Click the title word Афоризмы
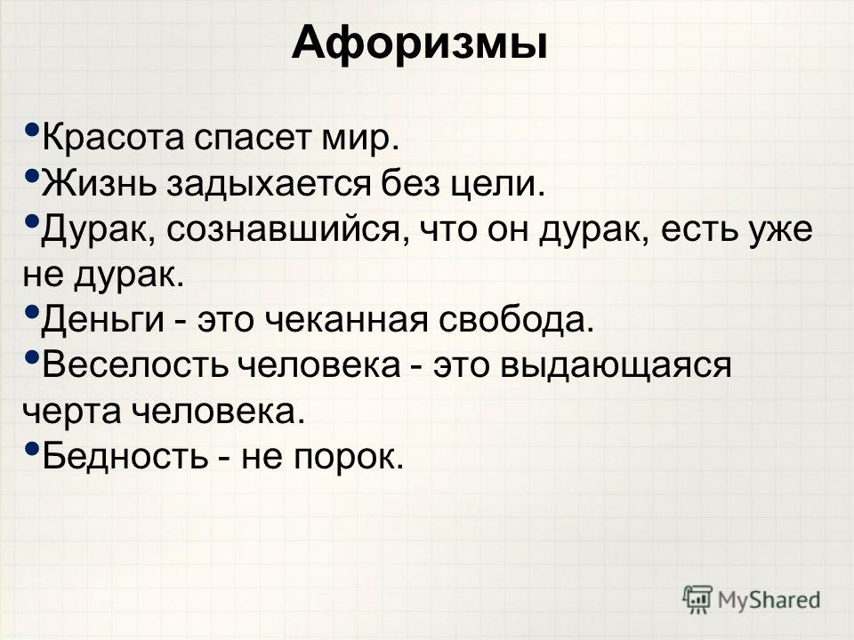point(419,44)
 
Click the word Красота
point(113,139)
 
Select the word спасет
point(253,140)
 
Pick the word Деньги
point(103,320)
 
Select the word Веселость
point(135,364)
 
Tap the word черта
point(72,412)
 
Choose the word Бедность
point(125,455)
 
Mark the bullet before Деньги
point(32,312)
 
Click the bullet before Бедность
point(32,449)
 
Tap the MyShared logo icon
point(697,600)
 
